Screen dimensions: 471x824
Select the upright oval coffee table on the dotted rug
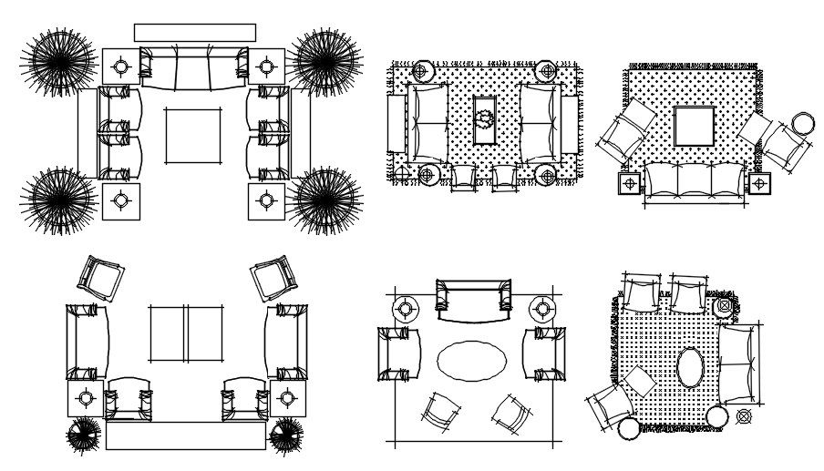[690, 368]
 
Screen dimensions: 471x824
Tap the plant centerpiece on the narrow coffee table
[483, 118]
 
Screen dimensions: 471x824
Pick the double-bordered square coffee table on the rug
[694, 126]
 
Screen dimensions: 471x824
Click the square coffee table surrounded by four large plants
[192, 136]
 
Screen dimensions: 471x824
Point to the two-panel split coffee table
[186, 333]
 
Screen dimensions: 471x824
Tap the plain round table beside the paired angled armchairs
[803, 124]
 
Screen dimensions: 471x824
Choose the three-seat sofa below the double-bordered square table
[695, 180]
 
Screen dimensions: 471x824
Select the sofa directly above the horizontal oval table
[471, 299]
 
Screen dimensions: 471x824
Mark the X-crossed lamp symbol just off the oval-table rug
[744, 417]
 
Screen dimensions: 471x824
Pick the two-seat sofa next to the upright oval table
[737, 364]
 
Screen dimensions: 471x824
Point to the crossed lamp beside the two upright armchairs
[725, 306]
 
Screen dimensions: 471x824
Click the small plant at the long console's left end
[85, 435]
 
